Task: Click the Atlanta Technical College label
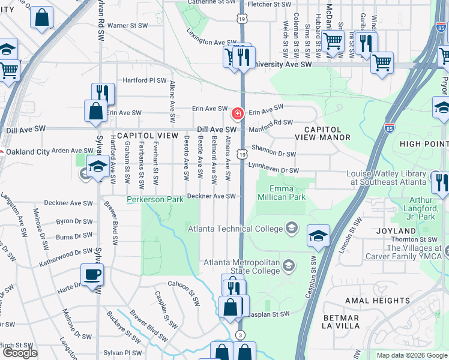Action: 235,229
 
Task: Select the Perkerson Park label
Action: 154,199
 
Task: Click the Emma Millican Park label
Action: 282,192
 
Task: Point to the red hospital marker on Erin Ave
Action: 238,113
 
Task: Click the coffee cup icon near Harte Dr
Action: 92,275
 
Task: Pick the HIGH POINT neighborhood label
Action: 423,144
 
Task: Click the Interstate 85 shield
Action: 389,128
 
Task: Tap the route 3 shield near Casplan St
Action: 241,334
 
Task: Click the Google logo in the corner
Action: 20,353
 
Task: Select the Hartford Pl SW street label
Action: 144,80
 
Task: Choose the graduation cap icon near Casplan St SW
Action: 318,236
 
